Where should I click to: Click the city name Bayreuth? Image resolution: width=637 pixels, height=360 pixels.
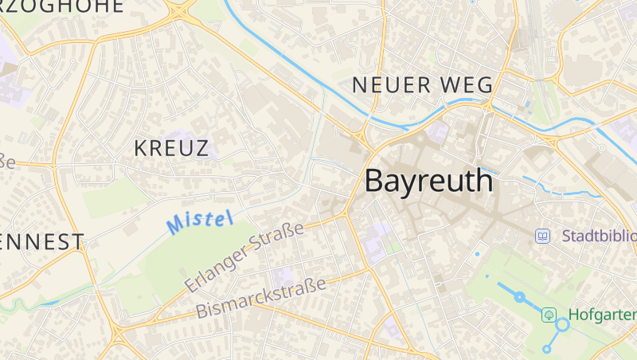[x=428, y=182]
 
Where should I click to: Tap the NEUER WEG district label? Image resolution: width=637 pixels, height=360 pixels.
[x=423, y=84]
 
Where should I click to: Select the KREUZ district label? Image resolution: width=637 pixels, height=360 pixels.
[x=171, y=148]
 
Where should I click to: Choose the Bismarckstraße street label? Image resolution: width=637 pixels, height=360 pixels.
[x=262, y=298]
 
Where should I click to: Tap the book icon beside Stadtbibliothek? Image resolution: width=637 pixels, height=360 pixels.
[x=543, y=236]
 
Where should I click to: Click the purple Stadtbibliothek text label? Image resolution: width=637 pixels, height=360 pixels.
[x=599, y=236]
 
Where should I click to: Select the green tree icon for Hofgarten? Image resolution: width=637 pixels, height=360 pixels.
[x=549, y=315]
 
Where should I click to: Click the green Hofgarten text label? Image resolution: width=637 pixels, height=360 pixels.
[x=601, y=315]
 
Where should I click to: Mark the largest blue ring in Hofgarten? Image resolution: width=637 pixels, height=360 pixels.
[x=563, y=324]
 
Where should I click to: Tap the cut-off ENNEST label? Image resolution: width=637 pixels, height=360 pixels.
[x=41, y=242]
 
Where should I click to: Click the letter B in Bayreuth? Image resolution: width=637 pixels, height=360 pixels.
[x=375, y=182]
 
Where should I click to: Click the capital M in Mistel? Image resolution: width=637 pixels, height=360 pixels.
[x=176, y=226]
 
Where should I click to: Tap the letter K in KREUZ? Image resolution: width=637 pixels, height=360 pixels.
[x=141, y=148]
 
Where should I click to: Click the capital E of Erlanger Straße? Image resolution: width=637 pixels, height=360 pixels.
[x=191, y=284]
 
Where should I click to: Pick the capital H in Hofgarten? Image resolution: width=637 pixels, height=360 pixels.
[x=573, y=315]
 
